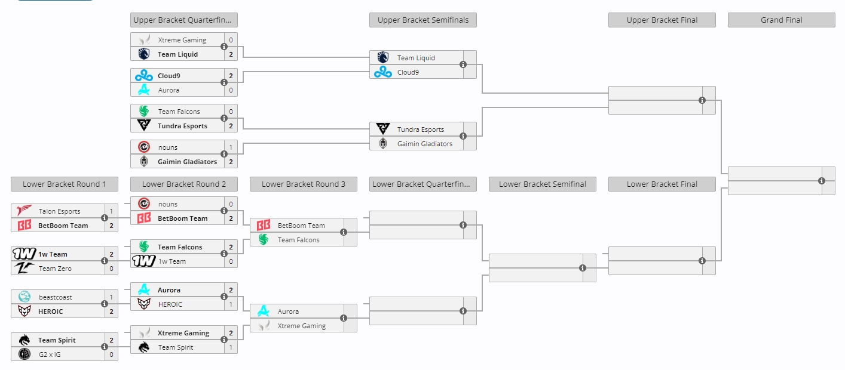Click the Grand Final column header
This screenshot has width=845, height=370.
(x=781, y=20)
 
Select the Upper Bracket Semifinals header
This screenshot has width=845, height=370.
(x=423, y=20)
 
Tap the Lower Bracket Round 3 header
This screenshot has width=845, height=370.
(x=304, y=184)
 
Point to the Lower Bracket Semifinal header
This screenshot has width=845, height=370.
(x=543, y=184)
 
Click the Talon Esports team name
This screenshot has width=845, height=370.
(x=59, y=211)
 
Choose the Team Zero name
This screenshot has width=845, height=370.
(x=55, y=269)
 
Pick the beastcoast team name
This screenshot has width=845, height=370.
(x=55, y=297)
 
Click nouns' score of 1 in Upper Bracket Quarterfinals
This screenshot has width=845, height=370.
(x=231, y=147)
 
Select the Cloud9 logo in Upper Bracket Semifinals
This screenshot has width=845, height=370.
(x=382, y=72)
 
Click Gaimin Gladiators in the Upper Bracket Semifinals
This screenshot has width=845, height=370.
(x=424, y=144)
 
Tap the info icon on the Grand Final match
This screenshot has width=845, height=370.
(x=822, y=181)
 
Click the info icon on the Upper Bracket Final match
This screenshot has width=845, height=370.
(x=702, y=100)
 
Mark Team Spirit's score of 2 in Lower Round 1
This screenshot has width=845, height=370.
(x=111, y=340)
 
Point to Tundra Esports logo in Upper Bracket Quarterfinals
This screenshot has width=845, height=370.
(x=144, y=125)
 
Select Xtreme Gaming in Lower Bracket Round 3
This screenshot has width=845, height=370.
(x=301, y=326)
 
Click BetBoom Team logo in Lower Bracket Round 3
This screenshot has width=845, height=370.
(x=264, y=226)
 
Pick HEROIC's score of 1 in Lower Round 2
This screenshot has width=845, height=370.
(x=231, y=304)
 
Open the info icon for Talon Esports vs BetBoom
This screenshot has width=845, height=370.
(x=105, y=218)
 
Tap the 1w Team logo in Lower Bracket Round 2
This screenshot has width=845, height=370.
(x=144, y=261)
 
